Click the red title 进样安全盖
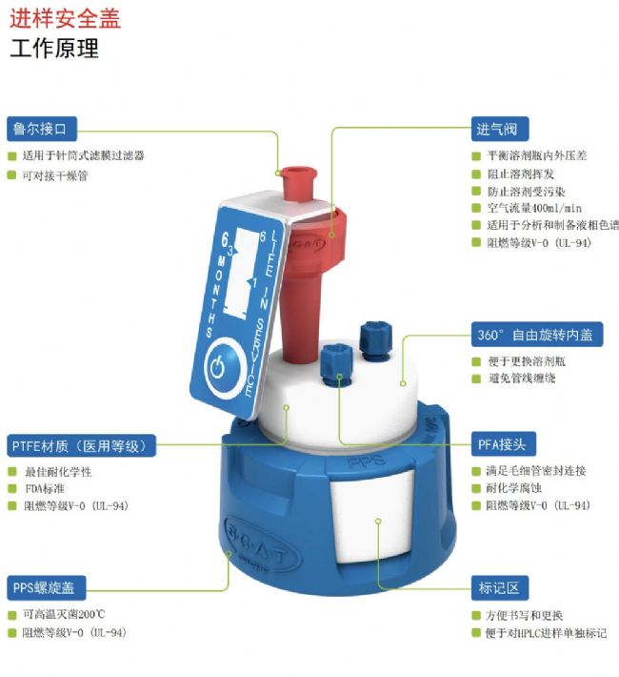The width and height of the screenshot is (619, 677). [x=65, y=18]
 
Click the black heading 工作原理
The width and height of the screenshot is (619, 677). [x=54, y=48]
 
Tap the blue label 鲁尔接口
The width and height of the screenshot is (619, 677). [x=42, y=129]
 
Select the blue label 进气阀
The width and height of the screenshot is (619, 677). [x=500, y=129]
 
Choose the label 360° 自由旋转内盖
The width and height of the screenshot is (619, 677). [x=537, y=334]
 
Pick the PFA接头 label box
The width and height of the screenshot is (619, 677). [x=504, y=443]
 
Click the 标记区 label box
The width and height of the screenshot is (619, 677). [x=500, y=587]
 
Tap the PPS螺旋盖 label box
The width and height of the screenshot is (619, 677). [x=46, y=587]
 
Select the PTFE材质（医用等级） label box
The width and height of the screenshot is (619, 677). [x=81, y=445]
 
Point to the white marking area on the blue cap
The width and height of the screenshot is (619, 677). [x=373, y=517]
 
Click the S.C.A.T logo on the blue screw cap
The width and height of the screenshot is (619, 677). [x=260, y=542]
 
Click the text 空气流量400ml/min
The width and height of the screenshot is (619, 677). [x=534, y=208]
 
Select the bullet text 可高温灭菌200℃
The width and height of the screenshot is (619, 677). [x=64, y=614]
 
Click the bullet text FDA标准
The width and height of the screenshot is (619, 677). [x=45, y=489]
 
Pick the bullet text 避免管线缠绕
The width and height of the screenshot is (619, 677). [x=522, y=379]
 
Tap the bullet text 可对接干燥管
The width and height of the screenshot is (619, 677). [x=55, y=175]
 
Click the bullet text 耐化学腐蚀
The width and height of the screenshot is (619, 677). [x=513, y=488]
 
